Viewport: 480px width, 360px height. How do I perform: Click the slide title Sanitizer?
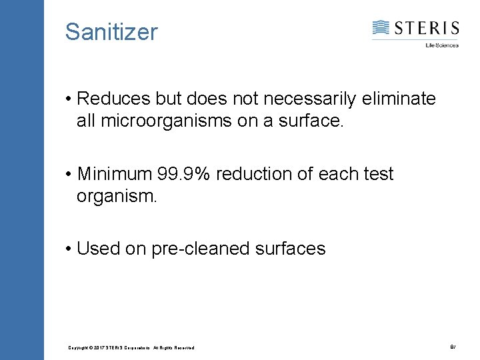(x=111, y=31)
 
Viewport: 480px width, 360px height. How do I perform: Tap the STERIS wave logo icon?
(x=381, y=28)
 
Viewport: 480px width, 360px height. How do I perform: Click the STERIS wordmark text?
(x=426, y=28)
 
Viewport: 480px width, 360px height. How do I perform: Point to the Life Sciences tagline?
(x=442, y=45)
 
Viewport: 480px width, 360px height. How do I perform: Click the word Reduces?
(x=114, y=99)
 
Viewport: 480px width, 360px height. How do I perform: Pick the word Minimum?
(x=115, y=174)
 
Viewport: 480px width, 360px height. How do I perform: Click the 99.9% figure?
(x=185, y=174)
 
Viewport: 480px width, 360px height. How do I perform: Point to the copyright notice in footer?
(x=131, y=348)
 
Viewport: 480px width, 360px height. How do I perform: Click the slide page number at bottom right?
(x=453, y=347)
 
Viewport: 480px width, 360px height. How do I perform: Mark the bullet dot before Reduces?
(x=69, y=100)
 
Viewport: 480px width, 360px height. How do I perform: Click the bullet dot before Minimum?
(x=69, y=175)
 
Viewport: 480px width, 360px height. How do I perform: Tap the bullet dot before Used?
(x=69, y=249)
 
